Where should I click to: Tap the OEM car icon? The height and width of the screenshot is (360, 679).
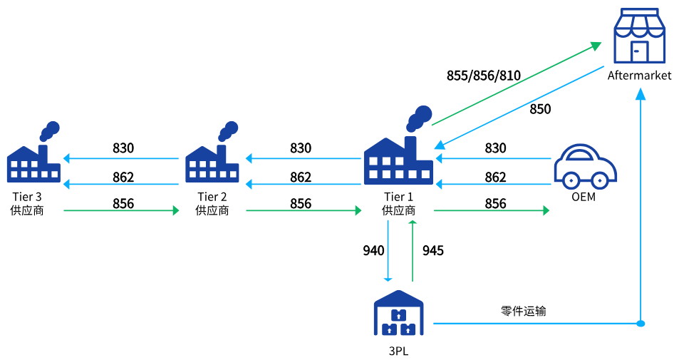point(585,166)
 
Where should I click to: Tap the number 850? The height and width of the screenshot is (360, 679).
point(540,109)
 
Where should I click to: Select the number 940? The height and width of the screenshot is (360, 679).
point(373,250)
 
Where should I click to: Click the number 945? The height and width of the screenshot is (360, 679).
point(433,250)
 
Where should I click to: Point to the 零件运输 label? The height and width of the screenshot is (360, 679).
point(524,311)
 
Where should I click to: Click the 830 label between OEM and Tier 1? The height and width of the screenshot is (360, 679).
point(495,148)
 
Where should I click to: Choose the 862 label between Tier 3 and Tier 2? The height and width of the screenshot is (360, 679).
point(123,178)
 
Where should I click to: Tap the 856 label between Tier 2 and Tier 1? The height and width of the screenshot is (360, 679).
point(301,204)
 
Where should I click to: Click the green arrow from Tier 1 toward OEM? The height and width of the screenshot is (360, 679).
point(492,211)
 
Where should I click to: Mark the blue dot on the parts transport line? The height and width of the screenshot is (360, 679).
point(641,324)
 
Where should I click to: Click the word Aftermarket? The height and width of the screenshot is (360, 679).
point(639,76)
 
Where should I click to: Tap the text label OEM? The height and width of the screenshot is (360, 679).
point(584,197)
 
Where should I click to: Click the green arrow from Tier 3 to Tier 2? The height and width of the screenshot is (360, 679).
point(121,211)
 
